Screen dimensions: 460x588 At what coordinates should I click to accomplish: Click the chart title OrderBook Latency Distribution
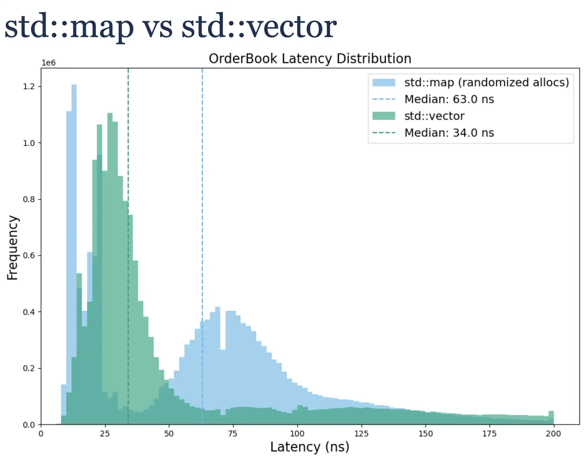tap(310, 59)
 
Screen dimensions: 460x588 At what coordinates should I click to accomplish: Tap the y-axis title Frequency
tap(13, 248)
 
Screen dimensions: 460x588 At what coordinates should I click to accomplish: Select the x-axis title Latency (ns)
tap(310, 447)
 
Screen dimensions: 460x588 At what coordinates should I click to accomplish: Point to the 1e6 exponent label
tap(49, 63)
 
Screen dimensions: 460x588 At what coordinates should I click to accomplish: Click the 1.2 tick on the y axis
tap(29, 86)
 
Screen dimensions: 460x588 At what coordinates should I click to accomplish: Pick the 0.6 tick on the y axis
tap(29, 256)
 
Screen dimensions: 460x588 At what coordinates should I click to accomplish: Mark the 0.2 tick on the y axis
tap(29, 368)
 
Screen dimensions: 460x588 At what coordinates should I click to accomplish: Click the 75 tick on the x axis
tap(233, 433)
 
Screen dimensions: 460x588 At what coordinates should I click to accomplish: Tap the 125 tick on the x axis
tap(361, 433)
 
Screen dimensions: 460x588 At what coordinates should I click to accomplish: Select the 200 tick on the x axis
tap(553, 433)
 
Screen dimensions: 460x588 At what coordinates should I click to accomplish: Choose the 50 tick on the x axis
tap(169, 433)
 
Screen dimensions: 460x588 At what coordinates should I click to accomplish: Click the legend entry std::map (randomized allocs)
tap(486, 82)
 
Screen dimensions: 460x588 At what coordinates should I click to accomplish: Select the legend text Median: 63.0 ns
tap(449, 100)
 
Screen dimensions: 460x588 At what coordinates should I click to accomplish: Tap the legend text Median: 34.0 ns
tap(449, 133)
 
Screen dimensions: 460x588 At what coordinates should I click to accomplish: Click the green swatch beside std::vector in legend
tap(384, 116)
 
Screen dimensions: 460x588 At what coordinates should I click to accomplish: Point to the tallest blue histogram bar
tap(74, 163)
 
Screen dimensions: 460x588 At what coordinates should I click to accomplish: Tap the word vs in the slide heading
tap(157, 27)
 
